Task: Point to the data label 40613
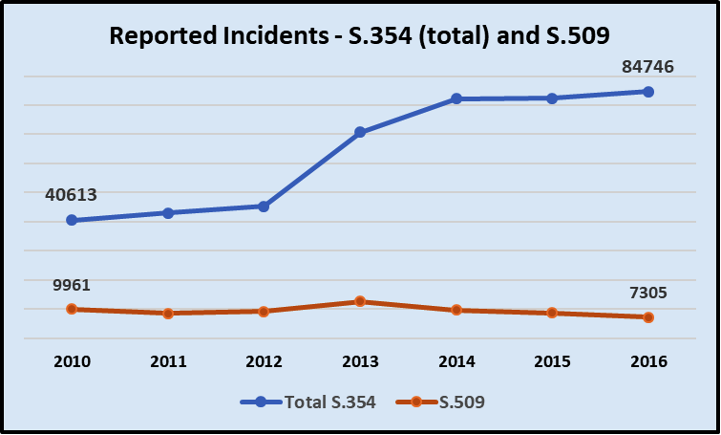(72, 195)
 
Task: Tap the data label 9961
(72, 285)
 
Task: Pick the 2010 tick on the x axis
(72, 361)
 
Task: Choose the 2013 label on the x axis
(360, 361)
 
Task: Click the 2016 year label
(648, 361)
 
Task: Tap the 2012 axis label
(264, 361)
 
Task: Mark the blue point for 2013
(360, 132)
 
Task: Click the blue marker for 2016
(648, 92)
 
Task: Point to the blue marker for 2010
(72, 220)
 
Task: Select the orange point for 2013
(360, 301)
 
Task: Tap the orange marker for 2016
(648, 317)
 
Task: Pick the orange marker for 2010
(72, 309)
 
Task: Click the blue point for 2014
(456, 98)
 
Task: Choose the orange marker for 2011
(168, 314)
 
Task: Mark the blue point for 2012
(264, 207)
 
